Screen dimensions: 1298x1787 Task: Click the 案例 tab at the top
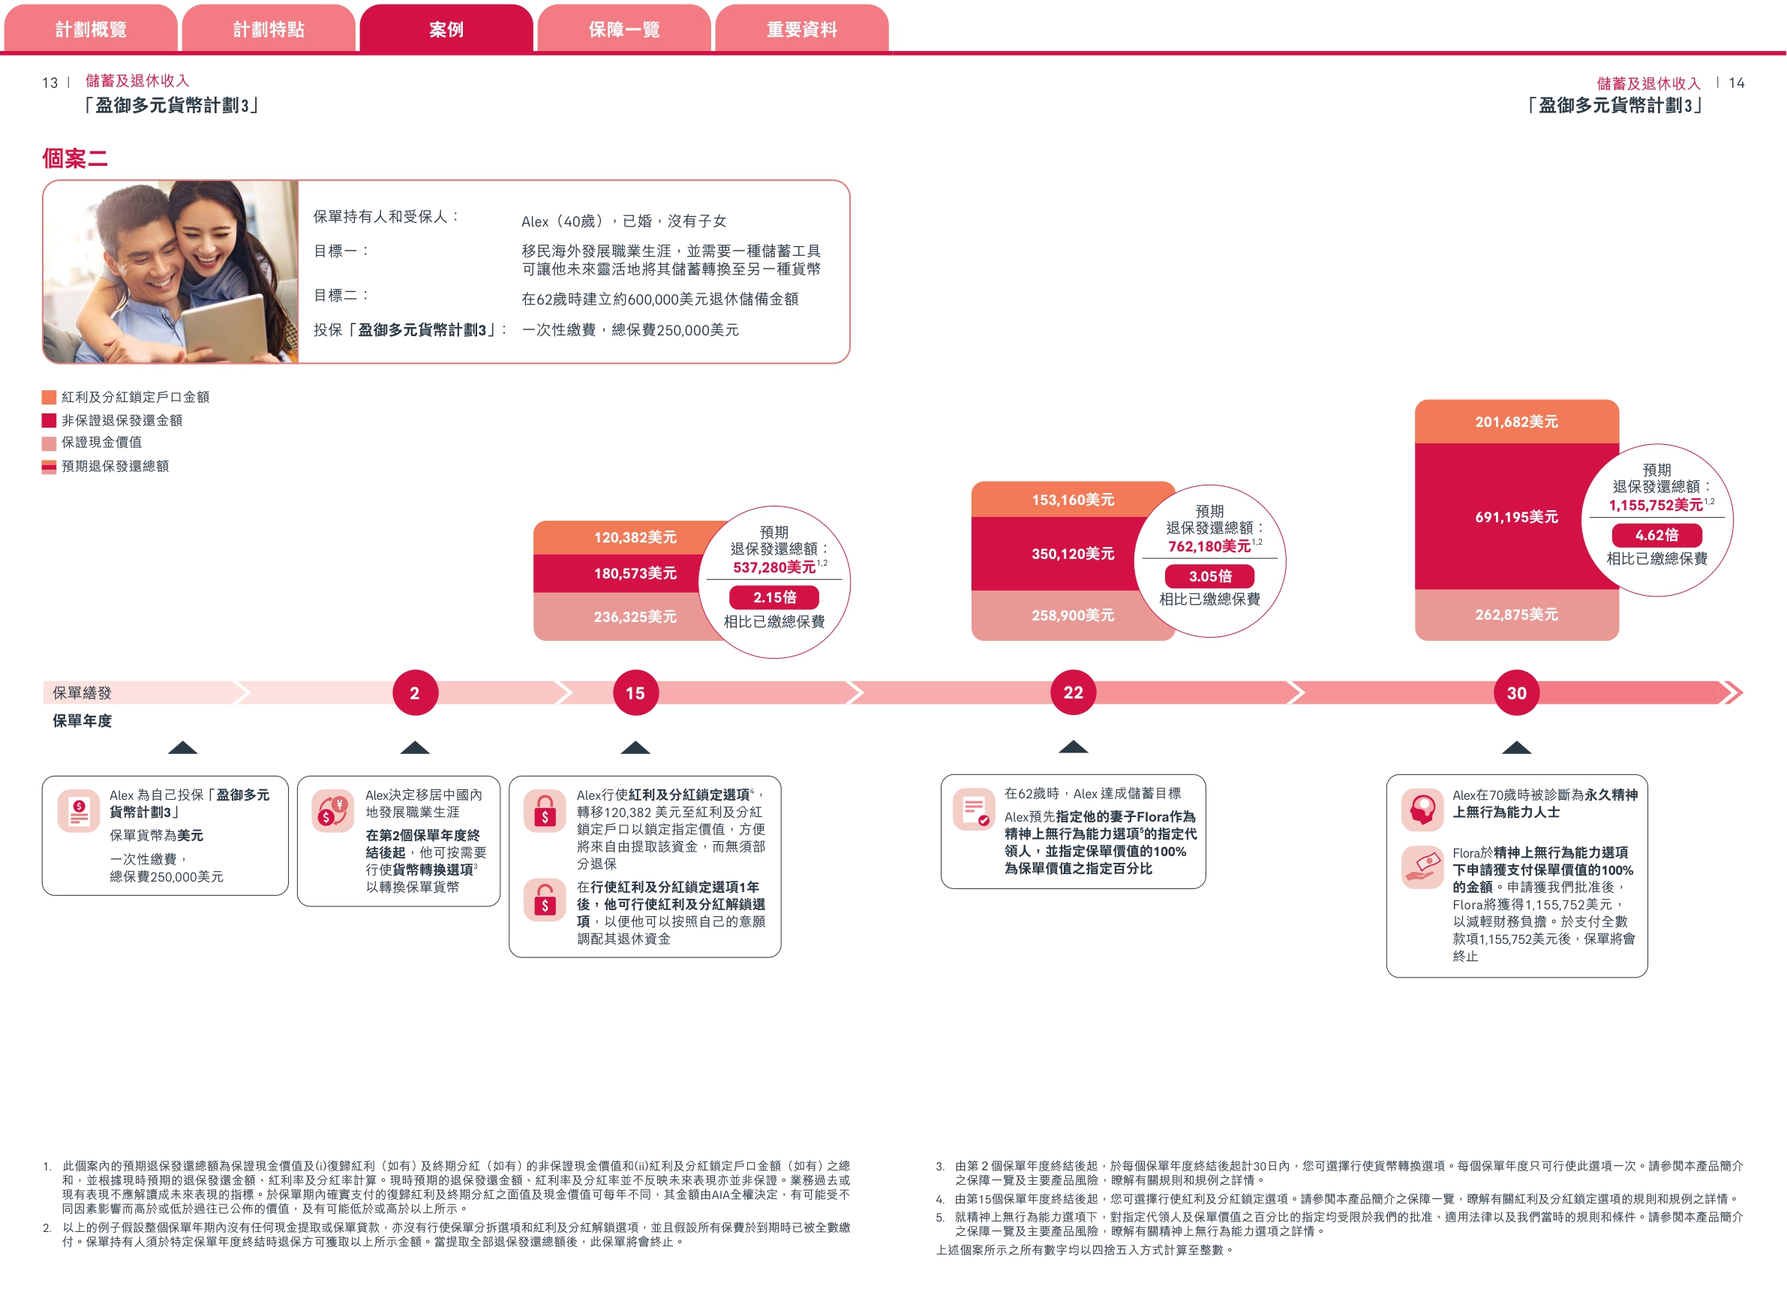(446, 29)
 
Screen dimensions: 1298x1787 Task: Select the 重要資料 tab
(801, 29)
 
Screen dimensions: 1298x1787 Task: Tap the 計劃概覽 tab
(91, 29)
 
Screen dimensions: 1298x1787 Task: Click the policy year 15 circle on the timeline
(635, 693)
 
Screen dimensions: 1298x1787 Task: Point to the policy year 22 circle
(1072, 692)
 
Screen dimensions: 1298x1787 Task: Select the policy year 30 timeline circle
(1516, 693)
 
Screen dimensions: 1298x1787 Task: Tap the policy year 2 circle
(414, 693)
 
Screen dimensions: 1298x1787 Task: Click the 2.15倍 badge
(773, 597)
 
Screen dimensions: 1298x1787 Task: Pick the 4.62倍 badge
(1656, 535)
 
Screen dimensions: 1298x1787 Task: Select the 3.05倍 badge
(1209, 576)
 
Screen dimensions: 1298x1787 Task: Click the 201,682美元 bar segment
(1516, 422)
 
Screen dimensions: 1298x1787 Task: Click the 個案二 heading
(75, 158)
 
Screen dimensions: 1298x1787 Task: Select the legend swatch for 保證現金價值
(49, 443)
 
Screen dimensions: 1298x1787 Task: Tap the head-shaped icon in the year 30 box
(1422, 810)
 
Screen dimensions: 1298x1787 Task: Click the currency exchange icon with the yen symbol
(332, 811)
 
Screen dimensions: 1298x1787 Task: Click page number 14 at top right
(1736, 83)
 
